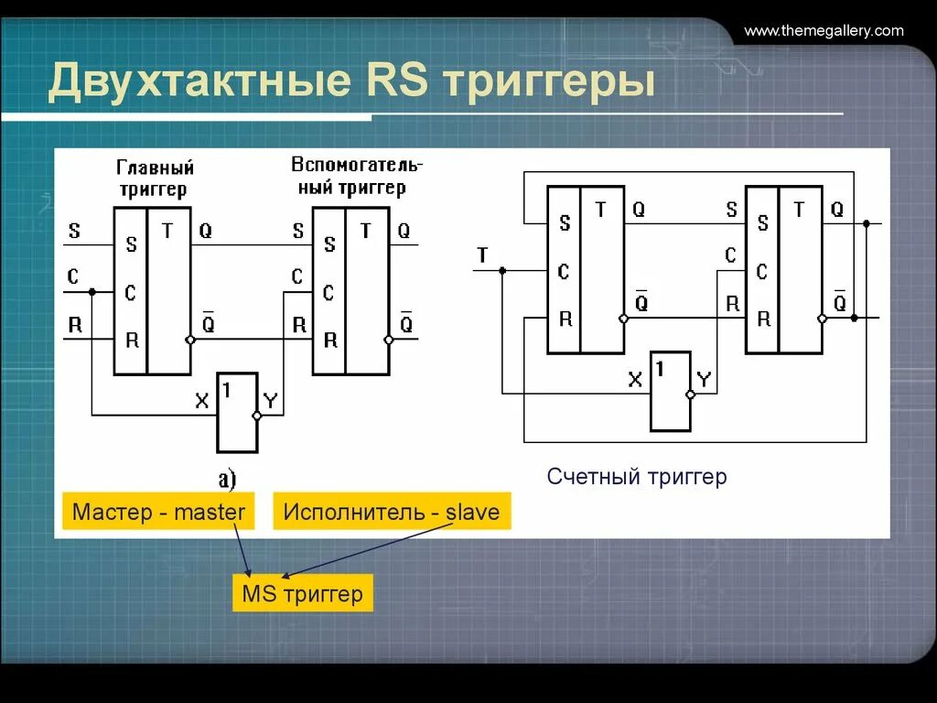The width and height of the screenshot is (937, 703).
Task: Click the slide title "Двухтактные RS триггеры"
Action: (352, 81)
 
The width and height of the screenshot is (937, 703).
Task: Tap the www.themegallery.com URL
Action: (824, 31)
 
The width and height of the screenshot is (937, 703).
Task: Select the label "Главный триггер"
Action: (156, 178)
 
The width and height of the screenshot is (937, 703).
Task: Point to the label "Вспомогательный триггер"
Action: (357, 176)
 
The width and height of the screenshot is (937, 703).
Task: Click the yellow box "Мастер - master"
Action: (159, 512)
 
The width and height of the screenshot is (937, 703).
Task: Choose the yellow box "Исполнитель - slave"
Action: (392, 512)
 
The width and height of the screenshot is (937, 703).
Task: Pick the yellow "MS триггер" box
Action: (302, 594)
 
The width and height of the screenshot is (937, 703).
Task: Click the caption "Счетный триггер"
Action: (637, 477)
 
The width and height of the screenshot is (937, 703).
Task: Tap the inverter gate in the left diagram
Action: (237, 412)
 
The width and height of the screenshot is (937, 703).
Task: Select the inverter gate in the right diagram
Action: (671, 391)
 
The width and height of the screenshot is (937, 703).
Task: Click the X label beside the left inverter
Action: (202, 400)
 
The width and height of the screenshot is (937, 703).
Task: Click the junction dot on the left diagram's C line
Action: (92, 292)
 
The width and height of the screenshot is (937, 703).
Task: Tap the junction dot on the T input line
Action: (502, 271)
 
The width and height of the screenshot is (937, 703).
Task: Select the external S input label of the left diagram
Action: (74, 231)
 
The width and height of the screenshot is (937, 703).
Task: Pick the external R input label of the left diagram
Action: (74, 324)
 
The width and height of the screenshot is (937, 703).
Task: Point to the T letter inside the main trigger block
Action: (167, 231)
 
